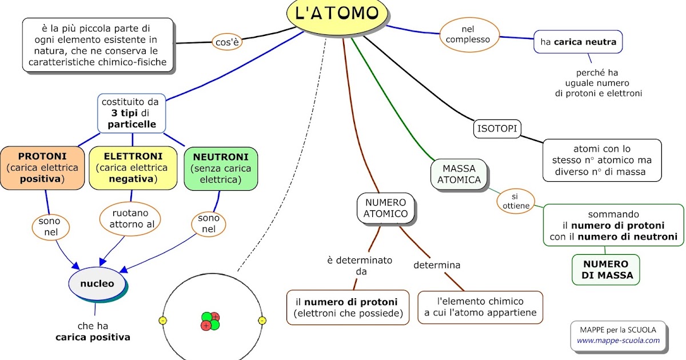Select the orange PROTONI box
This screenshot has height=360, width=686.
click(x=42, y=168)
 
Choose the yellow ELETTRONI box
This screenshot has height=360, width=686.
click(x=133, y=168)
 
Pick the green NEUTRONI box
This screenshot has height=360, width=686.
click(x=221, y=168)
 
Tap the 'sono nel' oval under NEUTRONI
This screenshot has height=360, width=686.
click(x=209, y=224)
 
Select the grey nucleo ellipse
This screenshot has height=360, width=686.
click(x=97, y=283)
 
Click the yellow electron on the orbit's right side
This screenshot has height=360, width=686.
click(x=262, y=321)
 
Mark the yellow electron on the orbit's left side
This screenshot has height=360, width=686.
click(x=162, y=321)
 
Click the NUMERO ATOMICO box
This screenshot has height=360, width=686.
click(x=385, y=208)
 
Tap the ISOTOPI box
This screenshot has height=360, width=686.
click(x=497, y=129)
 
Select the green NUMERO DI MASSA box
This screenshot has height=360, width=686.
click(x=605, y=270)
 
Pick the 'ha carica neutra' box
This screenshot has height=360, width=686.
click(x=577, y=42)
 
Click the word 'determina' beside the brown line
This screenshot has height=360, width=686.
click(x=437, y=265)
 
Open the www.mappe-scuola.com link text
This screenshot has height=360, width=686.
click(x=618, y=341)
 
